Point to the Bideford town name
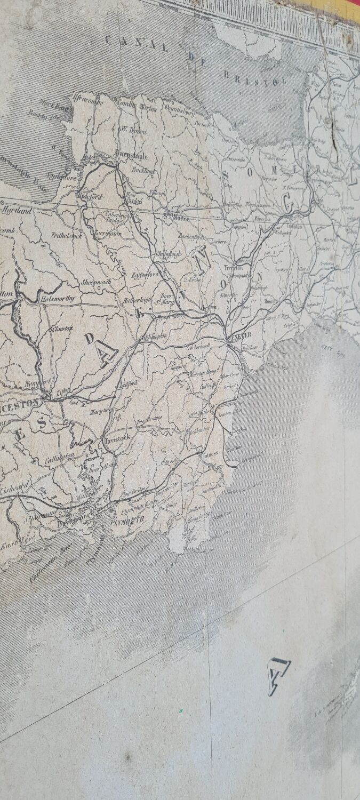(92, 197)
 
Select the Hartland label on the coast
(18, 211)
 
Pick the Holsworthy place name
(57, 300)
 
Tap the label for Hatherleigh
(138, 300)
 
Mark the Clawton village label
(63, 329)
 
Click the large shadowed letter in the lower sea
(278, 676)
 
